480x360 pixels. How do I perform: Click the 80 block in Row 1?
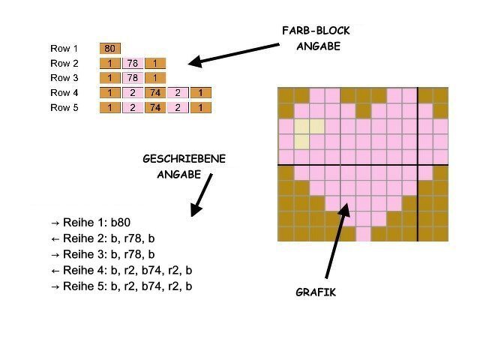(110, 49)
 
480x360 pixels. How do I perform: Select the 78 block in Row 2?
(133, 64)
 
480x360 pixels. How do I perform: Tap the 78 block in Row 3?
(133, 78)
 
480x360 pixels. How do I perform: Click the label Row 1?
(64, 49)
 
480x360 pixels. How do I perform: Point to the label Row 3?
(64, 78)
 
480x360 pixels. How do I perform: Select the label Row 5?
(64, 108)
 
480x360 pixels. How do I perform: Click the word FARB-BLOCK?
(316, 31)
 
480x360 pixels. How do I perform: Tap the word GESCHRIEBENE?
(184, 159)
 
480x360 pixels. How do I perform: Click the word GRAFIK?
(316, 292)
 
